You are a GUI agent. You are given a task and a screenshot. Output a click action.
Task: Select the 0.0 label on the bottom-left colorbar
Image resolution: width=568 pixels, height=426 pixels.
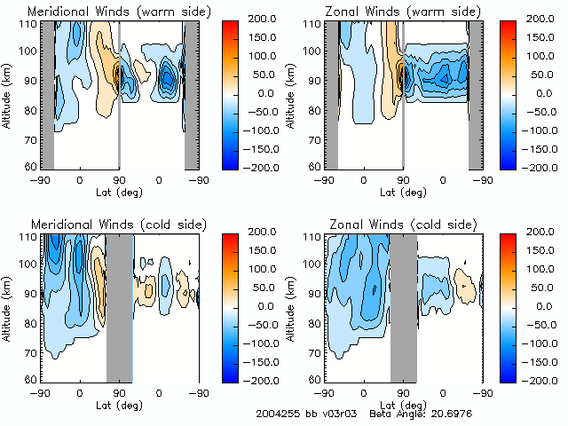click(x=276, y=305)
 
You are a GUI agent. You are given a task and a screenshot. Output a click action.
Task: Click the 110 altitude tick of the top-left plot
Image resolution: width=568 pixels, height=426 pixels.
click(x=28, y=24)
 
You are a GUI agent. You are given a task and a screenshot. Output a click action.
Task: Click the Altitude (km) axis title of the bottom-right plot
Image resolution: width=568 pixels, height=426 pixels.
click(x=293, y=306)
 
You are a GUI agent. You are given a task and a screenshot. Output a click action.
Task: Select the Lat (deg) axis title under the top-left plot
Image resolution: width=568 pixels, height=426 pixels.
click(x=119, y=192)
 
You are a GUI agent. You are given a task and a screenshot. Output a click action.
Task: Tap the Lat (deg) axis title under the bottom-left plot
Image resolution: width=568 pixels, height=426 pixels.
click(x=119, y=405)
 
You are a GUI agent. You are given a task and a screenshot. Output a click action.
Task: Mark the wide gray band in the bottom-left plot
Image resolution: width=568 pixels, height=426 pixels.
click(x=119, y=306)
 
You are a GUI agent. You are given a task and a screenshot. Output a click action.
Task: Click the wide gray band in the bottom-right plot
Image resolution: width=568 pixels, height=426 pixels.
click(x=403, y=306)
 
